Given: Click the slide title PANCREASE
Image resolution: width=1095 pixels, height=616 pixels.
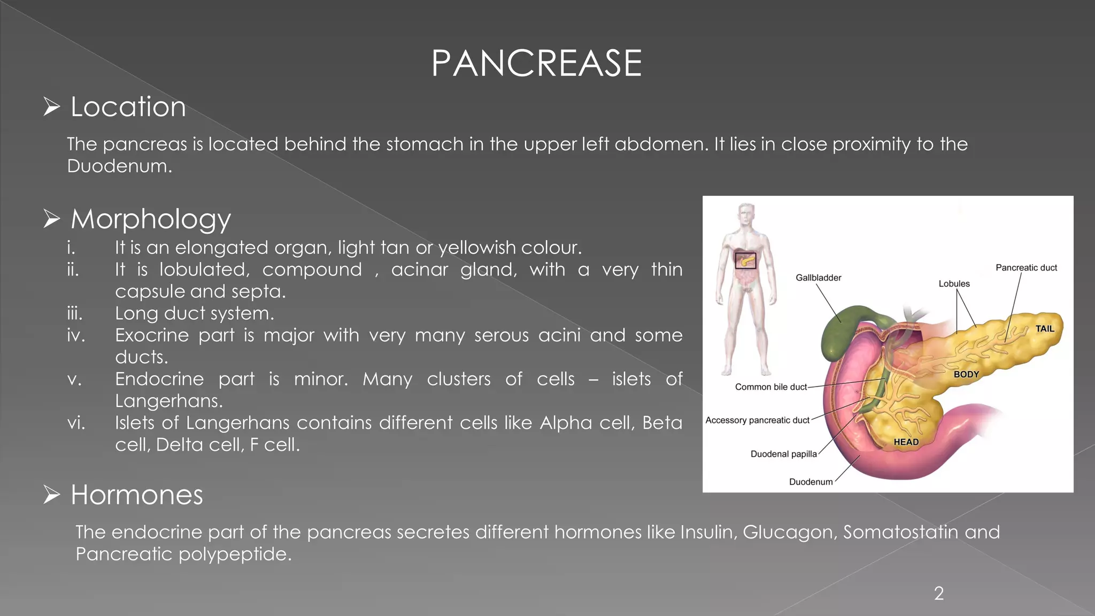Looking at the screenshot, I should (x=536, y=63).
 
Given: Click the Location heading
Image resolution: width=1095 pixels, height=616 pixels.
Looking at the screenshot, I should (x=128, y=107).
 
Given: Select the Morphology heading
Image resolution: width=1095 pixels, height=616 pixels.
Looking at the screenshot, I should (x=151, y=219).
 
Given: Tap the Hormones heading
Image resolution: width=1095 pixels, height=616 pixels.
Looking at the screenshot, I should (x=137, y=495).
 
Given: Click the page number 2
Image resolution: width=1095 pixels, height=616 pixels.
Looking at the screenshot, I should (x=939, y=593).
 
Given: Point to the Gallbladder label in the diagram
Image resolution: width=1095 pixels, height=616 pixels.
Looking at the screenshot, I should (x=818, y=278).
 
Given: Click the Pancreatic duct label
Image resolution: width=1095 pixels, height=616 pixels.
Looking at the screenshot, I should (x=1026, y=267).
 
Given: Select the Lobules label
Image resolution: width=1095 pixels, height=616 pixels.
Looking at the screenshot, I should (x=954, y=283).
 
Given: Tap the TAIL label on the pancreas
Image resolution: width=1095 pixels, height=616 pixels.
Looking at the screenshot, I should (x=1045, y=329).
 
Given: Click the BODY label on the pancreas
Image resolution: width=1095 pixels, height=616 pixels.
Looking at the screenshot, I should (x=966, y=374).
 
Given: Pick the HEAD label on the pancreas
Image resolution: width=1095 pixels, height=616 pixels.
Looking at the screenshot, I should (x=906, y=442).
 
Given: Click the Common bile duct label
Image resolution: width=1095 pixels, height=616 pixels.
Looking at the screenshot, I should (x=770, y=387).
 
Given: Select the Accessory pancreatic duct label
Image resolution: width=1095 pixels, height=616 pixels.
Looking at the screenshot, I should (x=757, y=420).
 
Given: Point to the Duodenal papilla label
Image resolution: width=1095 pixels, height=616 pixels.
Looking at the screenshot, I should (x=783, y=454).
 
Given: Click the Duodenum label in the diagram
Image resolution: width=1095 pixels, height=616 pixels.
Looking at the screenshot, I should (x=811, y=482).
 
